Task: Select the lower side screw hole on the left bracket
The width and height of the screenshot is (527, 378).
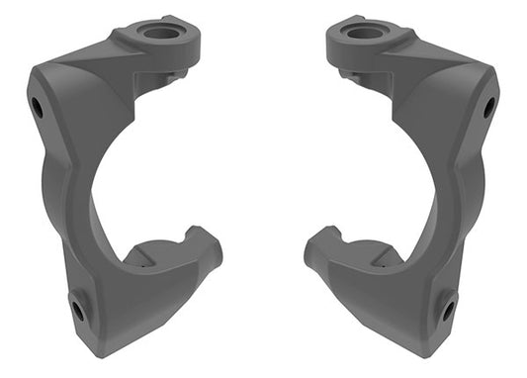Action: [x=78, y=312]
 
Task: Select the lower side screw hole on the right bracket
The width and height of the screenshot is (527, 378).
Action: [x=449, y=312]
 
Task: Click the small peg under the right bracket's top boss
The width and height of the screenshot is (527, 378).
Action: [x=352, y=74]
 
